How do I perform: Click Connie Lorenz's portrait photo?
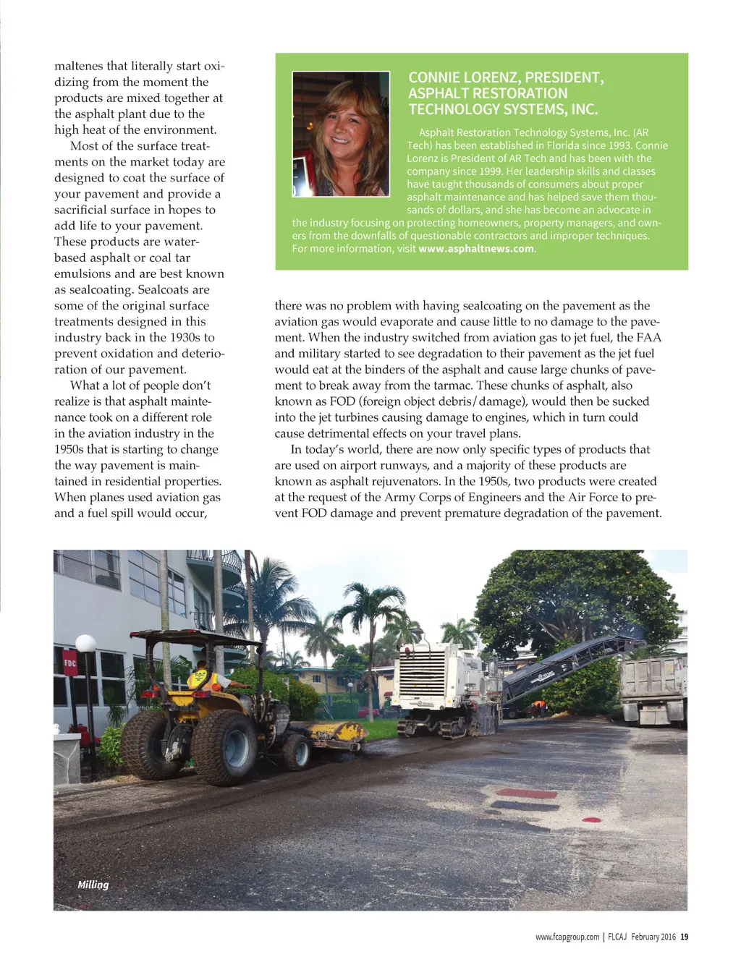point(340,134)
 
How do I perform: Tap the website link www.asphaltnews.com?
point(475,249)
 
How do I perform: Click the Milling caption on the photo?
point(93,884)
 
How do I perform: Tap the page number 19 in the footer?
point(685,937)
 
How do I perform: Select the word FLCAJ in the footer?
point(617,937)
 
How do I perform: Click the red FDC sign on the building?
point(70,664)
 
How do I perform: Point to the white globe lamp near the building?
point(85,643)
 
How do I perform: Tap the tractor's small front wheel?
point(297,752)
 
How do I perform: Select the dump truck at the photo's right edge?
point(653,691)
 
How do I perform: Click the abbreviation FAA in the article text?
point(648,338)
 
